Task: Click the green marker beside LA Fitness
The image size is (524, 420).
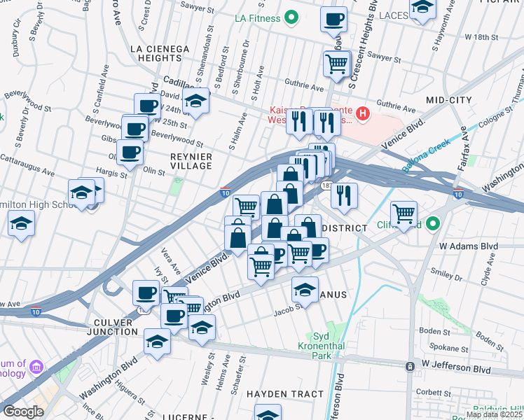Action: pyautogui.click(x=294, y=17)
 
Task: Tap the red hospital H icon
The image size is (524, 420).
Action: pyautogui.click(x=362, y=113)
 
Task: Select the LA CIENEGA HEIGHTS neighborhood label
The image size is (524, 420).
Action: pyautogui.click(x=160, y=53)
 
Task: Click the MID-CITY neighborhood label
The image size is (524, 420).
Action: pyautogui.click(x=449, y=101)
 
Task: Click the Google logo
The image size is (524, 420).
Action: pyautogui.click(x=23, y=411)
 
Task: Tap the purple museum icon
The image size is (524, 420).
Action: pyautogui.click(x=36, y=366)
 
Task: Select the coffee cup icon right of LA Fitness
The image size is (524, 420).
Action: pyautogui.click(x=334, y=19)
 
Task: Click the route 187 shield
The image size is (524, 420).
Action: pyautogui.click(x=327, y=185)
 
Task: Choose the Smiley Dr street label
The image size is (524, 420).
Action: pyautogui.click(x=448, y=272)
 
